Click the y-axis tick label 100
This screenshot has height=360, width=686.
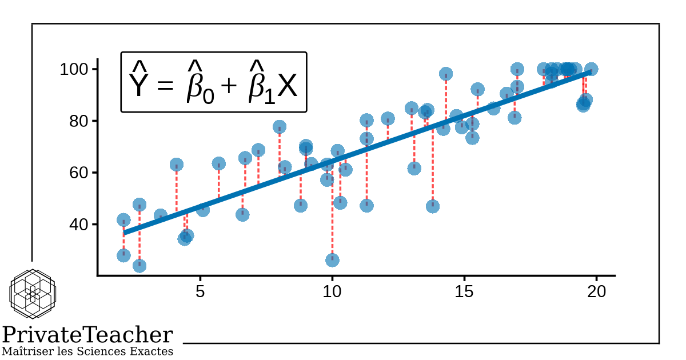pos(72,70)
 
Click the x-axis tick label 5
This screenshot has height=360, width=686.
pos(200,291)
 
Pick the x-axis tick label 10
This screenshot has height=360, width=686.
pos(332,291)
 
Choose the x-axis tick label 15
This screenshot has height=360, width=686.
pos(464,291)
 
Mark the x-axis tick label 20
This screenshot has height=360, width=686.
pos(596,291)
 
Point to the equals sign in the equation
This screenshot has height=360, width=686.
pos(165,87)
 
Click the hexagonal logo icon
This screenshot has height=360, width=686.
pos(33,294)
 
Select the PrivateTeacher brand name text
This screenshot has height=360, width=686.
pos(87,335)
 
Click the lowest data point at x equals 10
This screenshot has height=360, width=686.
pos(332,260)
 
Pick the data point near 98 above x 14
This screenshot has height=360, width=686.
pos(446,74)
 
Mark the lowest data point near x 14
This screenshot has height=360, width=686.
pos(433,206)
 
